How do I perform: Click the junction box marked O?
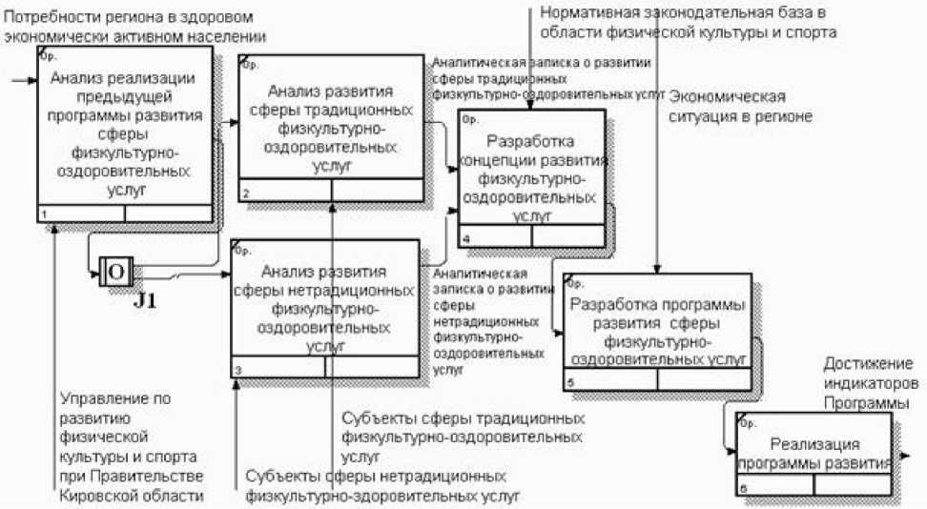116,274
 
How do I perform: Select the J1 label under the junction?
145,303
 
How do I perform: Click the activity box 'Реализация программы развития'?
815,453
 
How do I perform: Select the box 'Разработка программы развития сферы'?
657,330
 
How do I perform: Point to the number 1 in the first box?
44,214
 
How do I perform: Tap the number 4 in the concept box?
465,237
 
